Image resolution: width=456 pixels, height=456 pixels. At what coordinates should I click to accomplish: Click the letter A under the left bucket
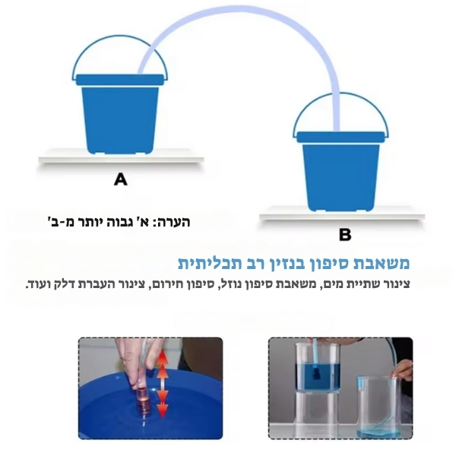121,179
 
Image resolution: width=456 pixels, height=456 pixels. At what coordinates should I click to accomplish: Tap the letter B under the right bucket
345,235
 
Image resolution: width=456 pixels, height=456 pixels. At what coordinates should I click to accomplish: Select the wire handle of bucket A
120,37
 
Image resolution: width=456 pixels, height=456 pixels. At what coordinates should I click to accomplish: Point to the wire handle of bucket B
340,94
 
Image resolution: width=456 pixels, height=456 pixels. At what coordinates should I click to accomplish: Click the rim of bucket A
120,80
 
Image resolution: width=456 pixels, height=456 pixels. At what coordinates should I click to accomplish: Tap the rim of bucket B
340,137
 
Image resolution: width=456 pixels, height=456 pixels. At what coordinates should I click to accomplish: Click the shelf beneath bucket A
122,159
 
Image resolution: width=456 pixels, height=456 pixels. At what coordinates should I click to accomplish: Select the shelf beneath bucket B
342,216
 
